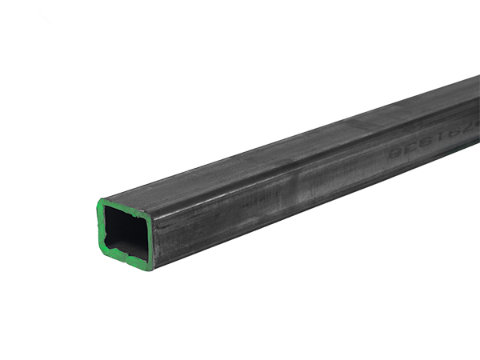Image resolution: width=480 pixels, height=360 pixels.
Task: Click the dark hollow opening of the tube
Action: click(126, 231)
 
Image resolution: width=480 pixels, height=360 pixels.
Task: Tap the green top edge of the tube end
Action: click(125, 206)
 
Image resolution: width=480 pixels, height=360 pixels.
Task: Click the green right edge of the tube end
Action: click(151, 240)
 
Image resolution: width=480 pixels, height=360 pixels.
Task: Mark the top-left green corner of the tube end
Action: click(102, 202)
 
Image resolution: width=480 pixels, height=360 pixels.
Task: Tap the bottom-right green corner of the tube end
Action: click(150, 267)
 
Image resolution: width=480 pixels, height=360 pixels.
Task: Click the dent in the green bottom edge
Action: click(120, 258)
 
